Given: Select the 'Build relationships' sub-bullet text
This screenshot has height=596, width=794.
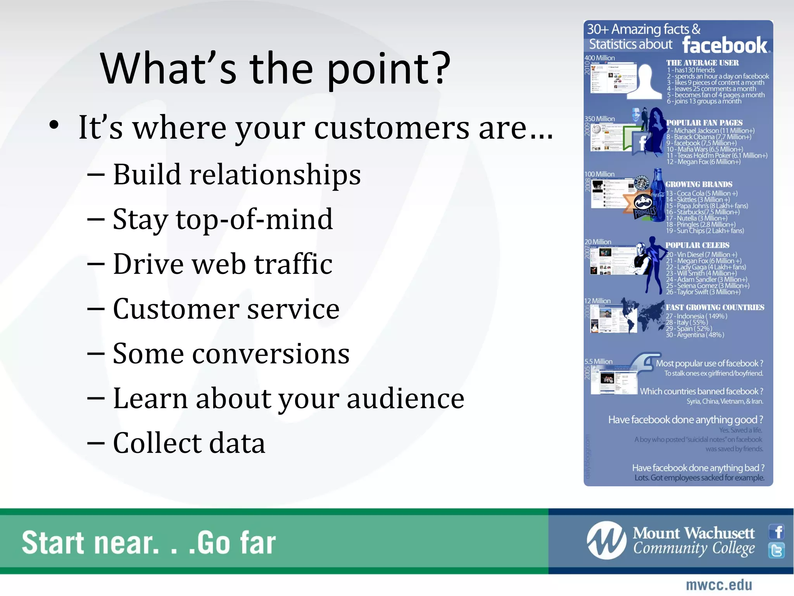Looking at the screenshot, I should click(236, 175).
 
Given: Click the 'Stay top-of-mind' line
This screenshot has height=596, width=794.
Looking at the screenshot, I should click(223, 220).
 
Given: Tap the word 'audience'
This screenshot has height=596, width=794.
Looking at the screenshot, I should click(405, 398).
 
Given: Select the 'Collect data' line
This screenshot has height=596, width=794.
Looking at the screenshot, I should click(189, 443).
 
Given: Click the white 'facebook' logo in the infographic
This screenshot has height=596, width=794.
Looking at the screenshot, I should click(725, 45).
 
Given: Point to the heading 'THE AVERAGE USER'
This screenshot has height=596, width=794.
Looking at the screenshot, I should click(702, 63).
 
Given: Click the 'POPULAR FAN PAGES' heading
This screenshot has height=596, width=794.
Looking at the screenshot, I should click(704, 123).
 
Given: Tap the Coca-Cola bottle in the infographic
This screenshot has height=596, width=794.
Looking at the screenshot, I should click(658, 194).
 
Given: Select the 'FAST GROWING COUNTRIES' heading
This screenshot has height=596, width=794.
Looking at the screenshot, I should click(715, 307).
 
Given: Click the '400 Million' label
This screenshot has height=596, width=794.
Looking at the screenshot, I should click(599, 58).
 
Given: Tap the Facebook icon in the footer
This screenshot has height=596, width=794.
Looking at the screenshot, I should click(777, 532).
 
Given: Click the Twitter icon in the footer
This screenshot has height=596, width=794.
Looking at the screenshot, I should click(777, 550).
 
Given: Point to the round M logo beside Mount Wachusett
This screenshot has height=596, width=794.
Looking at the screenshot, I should click(606, 541).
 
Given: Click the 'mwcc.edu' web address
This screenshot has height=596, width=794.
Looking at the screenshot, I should click(719, 585).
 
